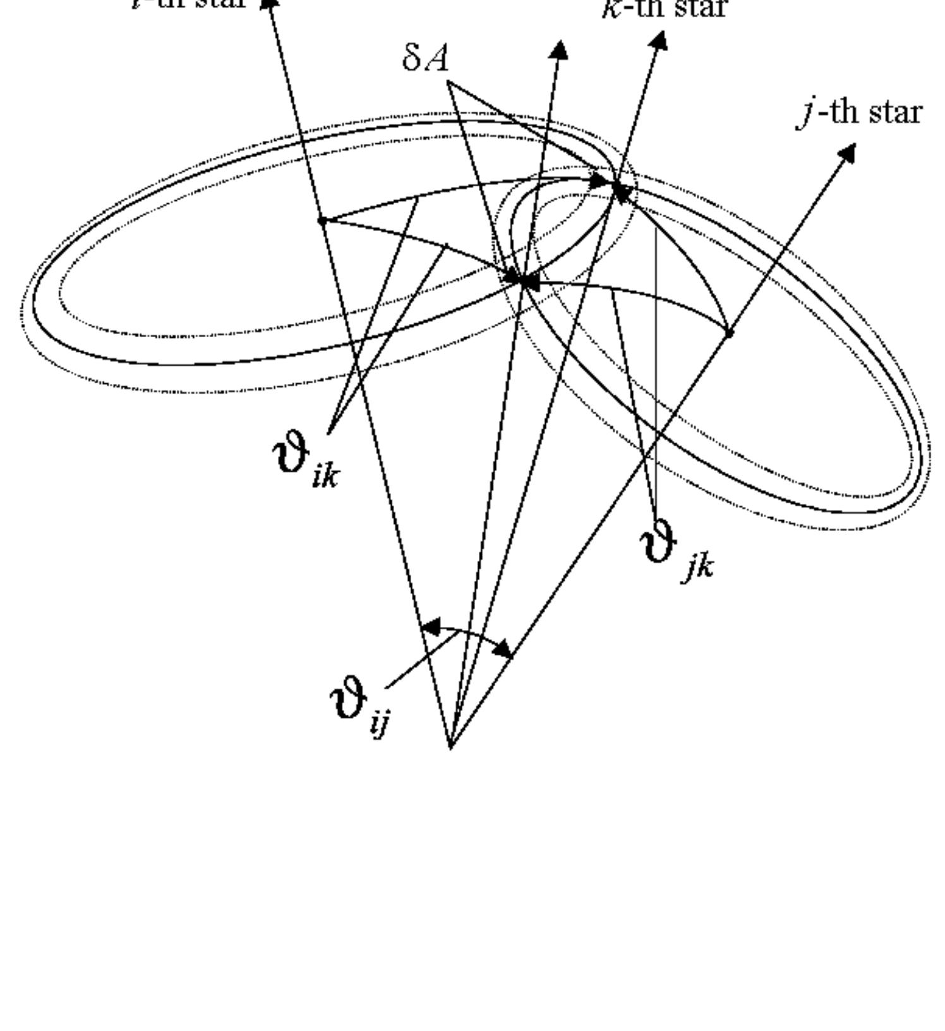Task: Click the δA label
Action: point(426,59)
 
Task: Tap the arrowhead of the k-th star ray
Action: point(658,41)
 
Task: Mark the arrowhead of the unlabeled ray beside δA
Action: point(558,51)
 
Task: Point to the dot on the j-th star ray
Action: point(729,332)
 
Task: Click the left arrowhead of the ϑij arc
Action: point(431,628)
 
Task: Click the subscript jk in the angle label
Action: point(698,567)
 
